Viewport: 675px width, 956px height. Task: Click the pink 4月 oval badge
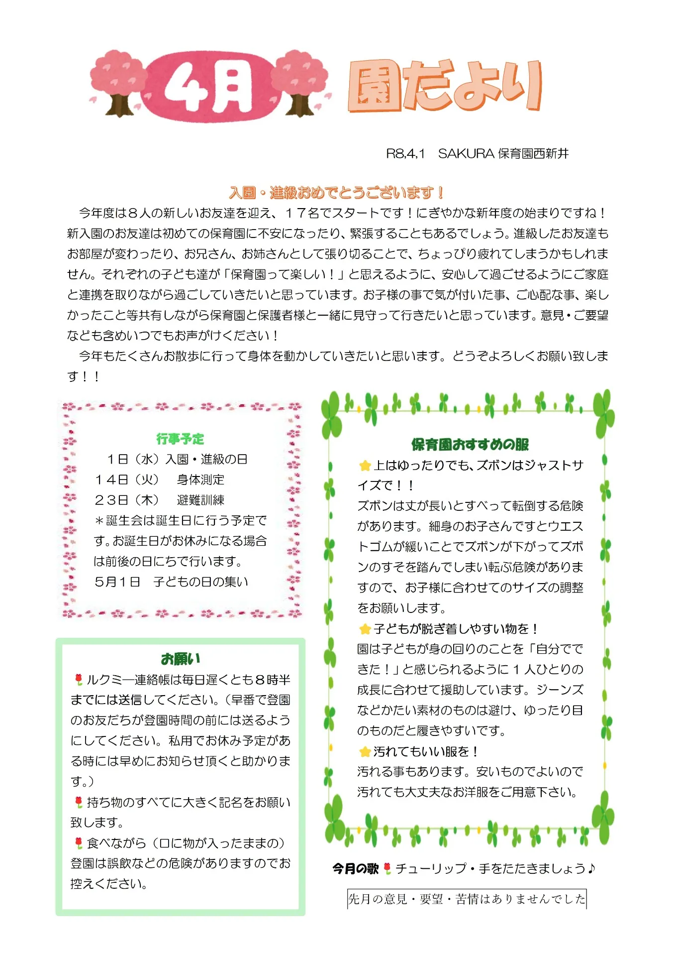pyautogui.click(x=209, y=87)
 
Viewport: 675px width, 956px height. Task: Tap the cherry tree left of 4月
pyautogui.click(x=118, y=82)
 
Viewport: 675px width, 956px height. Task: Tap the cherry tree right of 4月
pyautogui.click(x=299, y=82)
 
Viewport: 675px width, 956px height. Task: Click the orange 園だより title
pyautogui.click(x=444, y=86)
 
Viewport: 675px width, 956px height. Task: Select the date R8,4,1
pyautogui.click(x=405, y=154)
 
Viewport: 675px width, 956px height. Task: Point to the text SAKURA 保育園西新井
pyautogui.click(x=503, y=154)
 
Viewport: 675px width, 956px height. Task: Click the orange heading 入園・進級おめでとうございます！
pyautogui.click(x=336, y=193)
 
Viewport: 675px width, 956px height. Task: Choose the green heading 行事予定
pyautogui.click(x=180, y=439)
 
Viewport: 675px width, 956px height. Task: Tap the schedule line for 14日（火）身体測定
pyautogui.click(x=159, y=479)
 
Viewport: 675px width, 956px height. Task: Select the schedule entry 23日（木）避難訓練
pyautogui.click(x=159, y=500)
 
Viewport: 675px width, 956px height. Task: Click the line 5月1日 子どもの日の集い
pyautogui.click(x=171, y=582)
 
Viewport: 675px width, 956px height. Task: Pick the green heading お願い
pyautogui.click(x=180, y=659)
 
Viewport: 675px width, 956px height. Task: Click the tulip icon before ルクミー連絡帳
pyautogui.click(x=79, y=680)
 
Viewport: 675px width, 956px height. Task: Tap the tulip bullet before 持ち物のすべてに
pyautogui.click(x=79, y=802)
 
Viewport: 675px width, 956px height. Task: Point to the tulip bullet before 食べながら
pyautogui.click(x=79, y=843)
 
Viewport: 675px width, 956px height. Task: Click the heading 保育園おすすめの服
pyautogui.click(x=470, y=444)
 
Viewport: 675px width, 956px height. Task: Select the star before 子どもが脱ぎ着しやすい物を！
pyautogui.click(x=365, y=629)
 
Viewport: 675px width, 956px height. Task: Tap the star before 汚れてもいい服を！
pyautogui.click(x=365, y=752)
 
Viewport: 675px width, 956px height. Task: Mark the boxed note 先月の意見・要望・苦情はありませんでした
pyautogui.click(x=467, y=899)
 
